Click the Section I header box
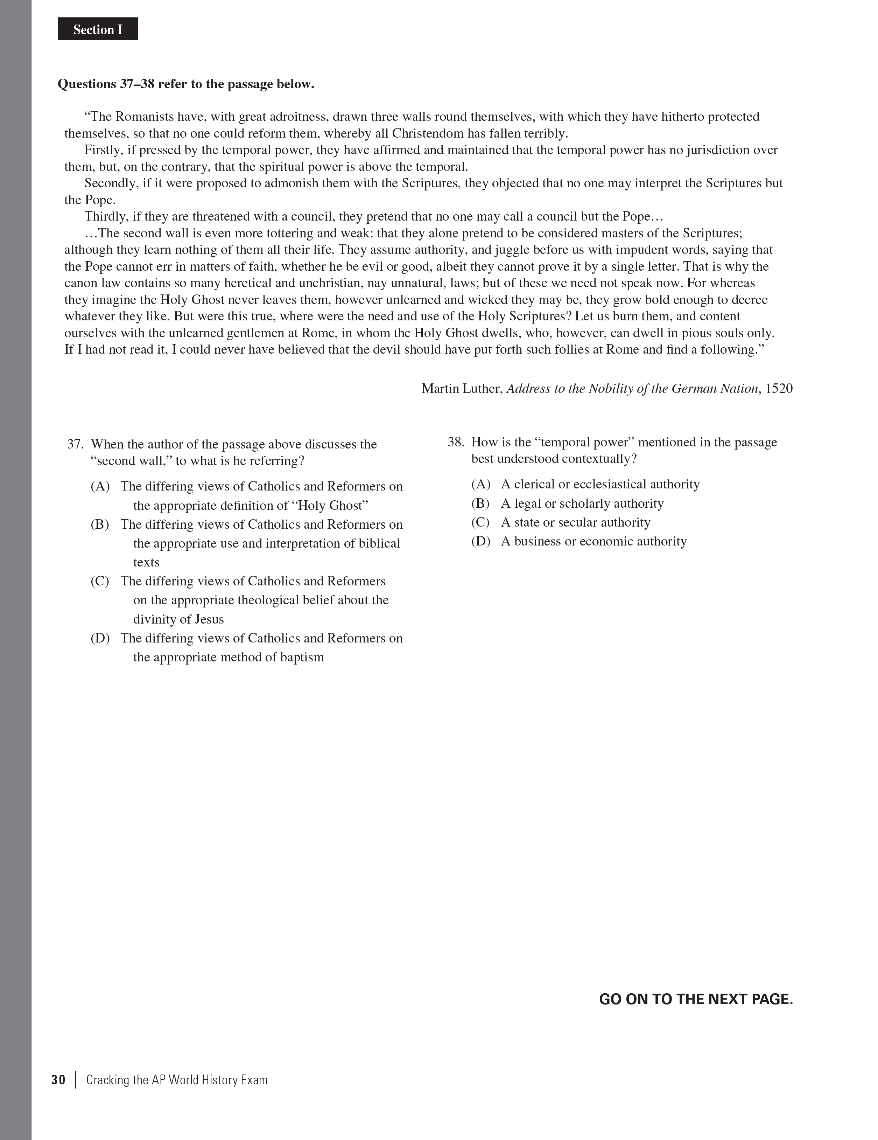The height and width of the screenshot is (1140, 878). point(98,29)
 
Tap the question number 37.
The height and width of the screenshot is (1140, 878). point(75,444)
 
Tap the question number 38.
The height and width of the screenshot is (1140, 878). point(455,442)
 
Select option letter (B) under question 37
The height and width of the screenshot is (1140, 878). point(100,524)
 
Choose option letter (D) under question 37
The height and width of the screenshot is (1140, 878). point(100,638)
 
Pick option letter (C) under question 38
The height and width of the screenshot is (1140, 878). point(480,522)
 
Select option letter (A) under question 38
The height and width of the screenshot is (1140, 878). point(480,484)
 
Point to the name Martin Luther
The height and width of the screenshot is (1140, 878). point(462,388)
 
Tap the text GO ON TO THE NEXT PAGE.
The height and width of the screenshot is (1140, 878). point(696,999)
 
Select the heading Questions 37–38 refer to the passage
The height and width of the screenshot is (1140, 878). point(186,84)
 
